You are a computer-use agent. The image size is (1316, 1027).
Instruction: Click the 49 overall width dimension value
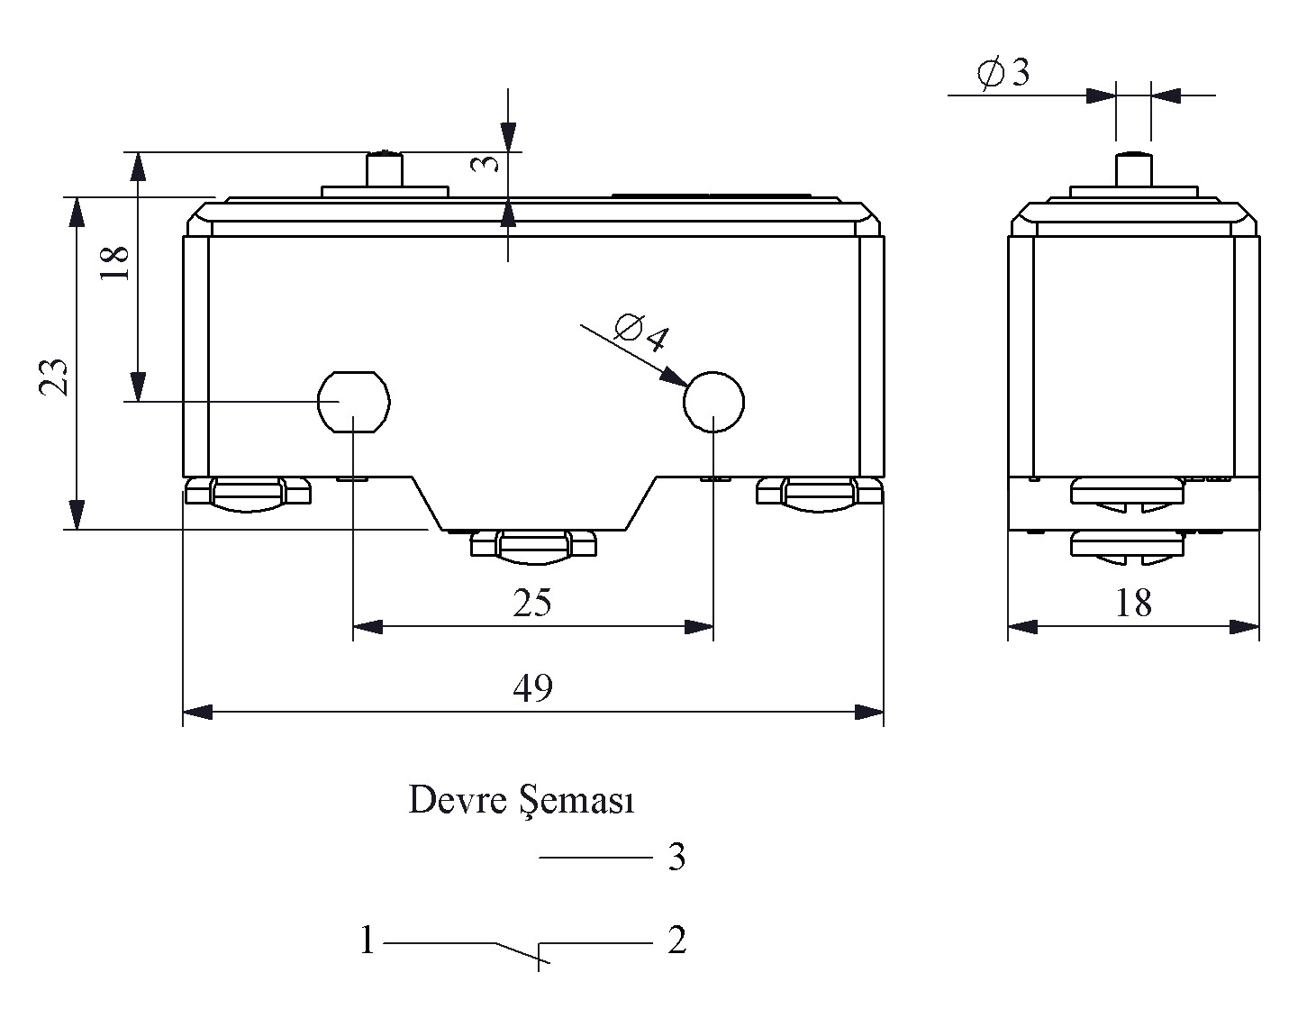coord(533,688)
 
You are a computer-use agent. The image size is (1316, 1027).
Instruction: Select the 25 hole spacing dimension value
coord(532,603)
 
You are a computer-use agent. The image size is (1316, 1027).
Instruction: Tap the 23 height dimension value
coord(54,377)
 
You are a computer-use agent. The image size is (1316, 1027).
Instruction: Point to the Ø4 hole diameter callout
coord(641,332)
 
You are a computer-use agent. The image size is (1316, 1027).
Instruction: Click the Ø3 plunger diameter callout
coord(1003,73)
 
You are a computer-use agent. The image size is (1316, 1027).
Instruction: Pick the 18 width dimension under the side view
coord(1133,603)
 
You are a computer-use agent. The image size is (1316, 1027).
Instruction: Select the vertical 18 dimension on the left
coord(115,263)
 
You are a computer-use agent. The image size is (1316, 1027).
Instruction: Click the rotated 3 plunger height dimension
coord(486,163)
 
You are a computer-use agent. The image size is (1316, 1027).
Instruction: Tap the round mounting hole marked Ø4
coord(713,402)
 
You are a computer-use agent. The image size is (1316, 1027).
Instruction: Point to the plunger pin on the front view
coord(385,169)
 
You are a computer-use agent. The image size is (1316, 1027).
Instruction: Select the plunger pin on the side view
coord(1134,169)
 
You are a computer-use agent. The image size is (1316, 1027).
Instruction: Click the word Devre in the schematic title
coord(458,800)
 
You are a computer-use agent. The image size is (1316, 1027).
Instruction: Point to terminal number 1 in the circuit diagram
coord(367,940)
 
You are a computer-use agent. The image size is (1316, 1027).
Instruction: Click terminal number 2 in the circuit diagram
coord(677,940)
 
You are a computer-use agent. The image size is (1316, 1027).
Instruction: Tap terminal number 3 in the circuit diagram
coord(677,857)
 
